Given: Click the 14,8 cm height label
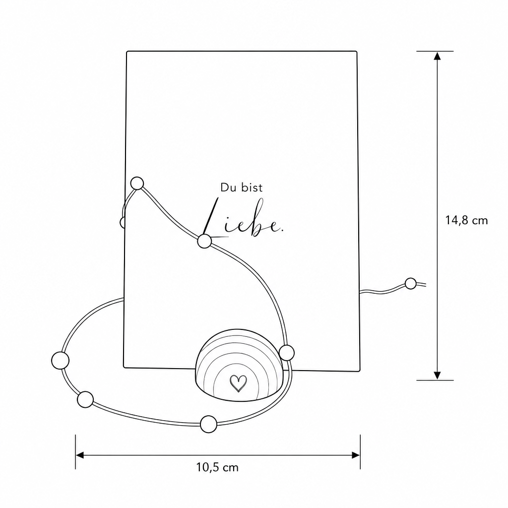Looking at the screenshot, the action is tap(466, 221).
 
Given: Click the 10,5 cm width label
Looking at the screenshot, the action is tap(217, 467).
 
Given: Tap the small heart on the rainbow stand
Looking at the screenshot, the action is tap(238, 383).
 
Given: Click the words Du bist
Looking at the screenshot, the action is tap(242, 188).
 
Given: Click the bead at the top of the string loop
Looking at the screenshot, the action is tap(137, 184).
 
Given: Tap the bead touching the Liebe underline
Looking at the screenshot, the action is tap(204, 242).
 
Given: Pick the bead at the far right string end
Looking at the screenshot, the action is tap(410, 283).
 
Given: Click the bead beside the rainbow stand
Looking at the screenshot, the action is tap(286, 353).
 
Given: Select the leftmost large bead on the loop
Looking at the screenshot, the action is tap(60, 360).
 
